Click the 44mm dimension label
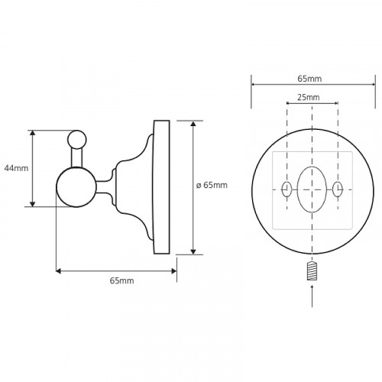pos(16,168)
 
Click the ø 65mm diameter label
pos(212,185)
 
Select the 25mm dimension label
pos(309,97)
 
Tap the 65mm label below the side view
pos(121,280)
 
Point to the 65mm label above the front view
pos(309,79)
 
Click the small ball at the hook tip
pos(77,139)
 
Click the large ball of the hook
pos(76,187)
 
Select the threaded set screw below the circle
pos(312,271)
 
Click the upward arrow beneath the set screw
pos(312,296)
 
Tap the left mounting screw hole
pos(286,189)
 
